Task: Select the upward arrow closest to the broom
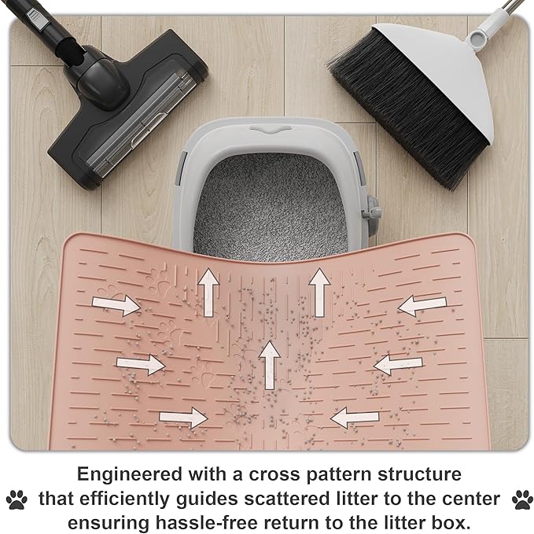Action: [x=319, y=289]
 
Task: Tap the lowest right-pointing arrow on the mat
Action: [x=182, y=418]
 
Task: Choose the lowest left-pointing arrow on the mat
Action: [x=355, y=417]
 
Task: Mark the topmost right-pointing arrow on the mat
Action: [x=116, y=304]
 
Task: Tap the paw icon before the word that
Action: [x=17, y=499]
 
